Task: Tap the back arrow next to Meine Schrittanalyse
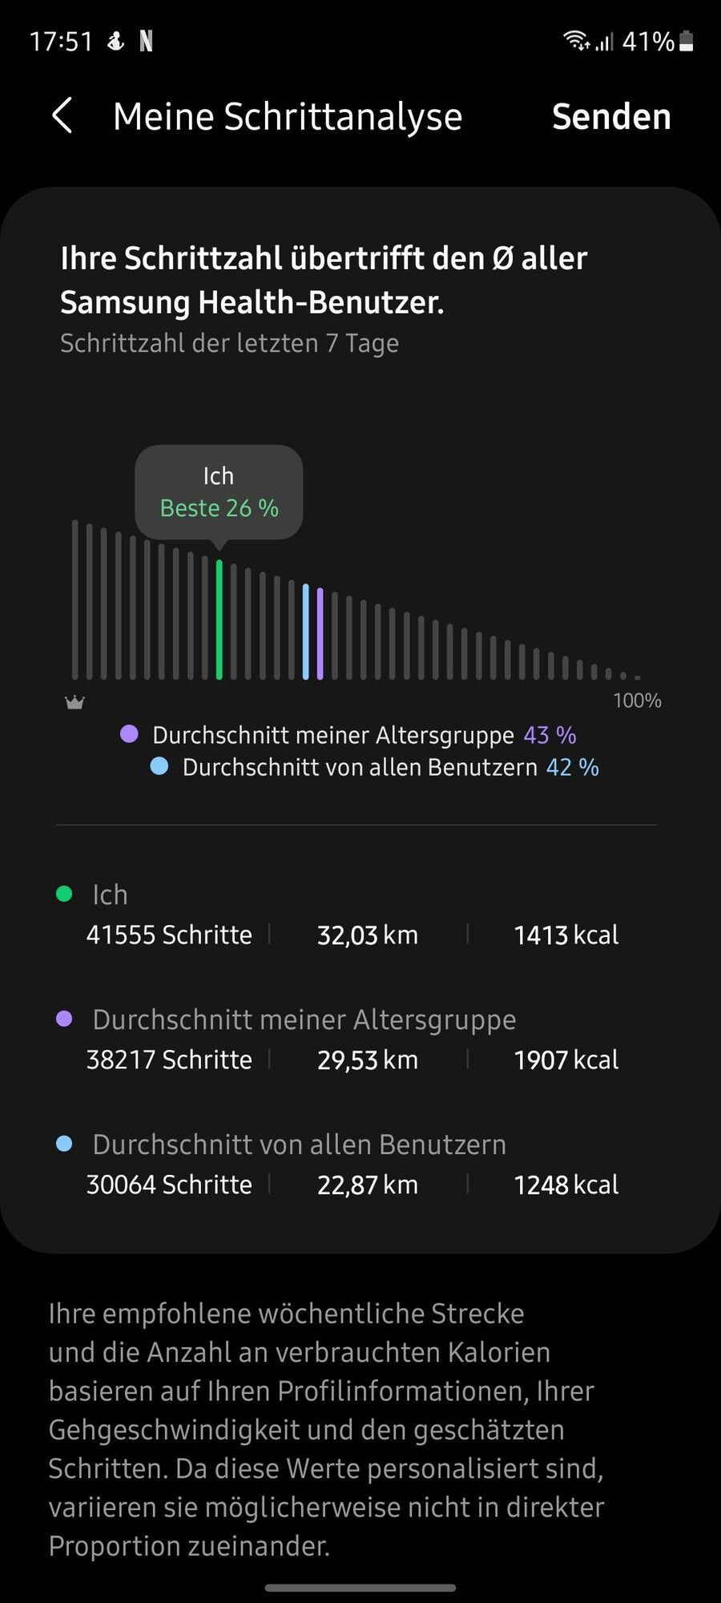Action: pyautogui.click(x=62, y=116)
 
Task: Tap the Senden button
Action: pyautogui.click(x=611, y=117)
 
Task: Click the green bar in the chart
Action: pyautogui.click(x=219, y=620)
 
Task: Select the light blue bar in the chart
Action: pyautogui.click(x=305, y=632)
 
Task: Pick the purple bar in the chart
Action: pyautogui.click(x=320, y=634)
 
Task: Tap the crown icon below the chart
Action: pyautogui.click(x=75, y=702)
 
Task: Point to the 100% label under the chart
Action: pyautogui.click(x=637, y=701)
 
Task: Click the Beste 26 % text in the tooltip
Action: pyautogui.click(x=219, y=508)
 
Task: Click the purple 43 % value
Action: pyautogui.click(x=550, y=735)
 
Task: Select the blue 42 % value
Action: pyautogui.click(x=572, y=767)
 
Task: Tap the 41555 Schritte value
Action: pyautogui.click(x=169, y=935)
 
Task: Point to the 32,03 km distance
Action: pyautogui.click(x=367, y=935)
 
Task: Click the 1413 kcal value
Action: pyautogui.click(x=566, y=935)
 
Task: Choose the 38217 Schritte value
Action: pyautogui.click(x=169, y=1060)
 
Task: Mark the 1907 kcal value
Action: pyautogui.click(x=566, y=1060)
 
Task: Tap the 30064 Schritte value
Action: pyautogui.click(x=169, y=1185)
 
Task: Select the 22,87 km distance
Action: pyautogui.click(x=367, y=1185)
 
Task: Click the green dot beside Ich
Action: pyautogui.click(x=64, y=894)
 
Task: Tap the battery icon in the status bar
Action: pyautogui.click(x=686, y=41)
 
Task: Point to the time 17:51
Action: pyautogui.click(x=61, y=41)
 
